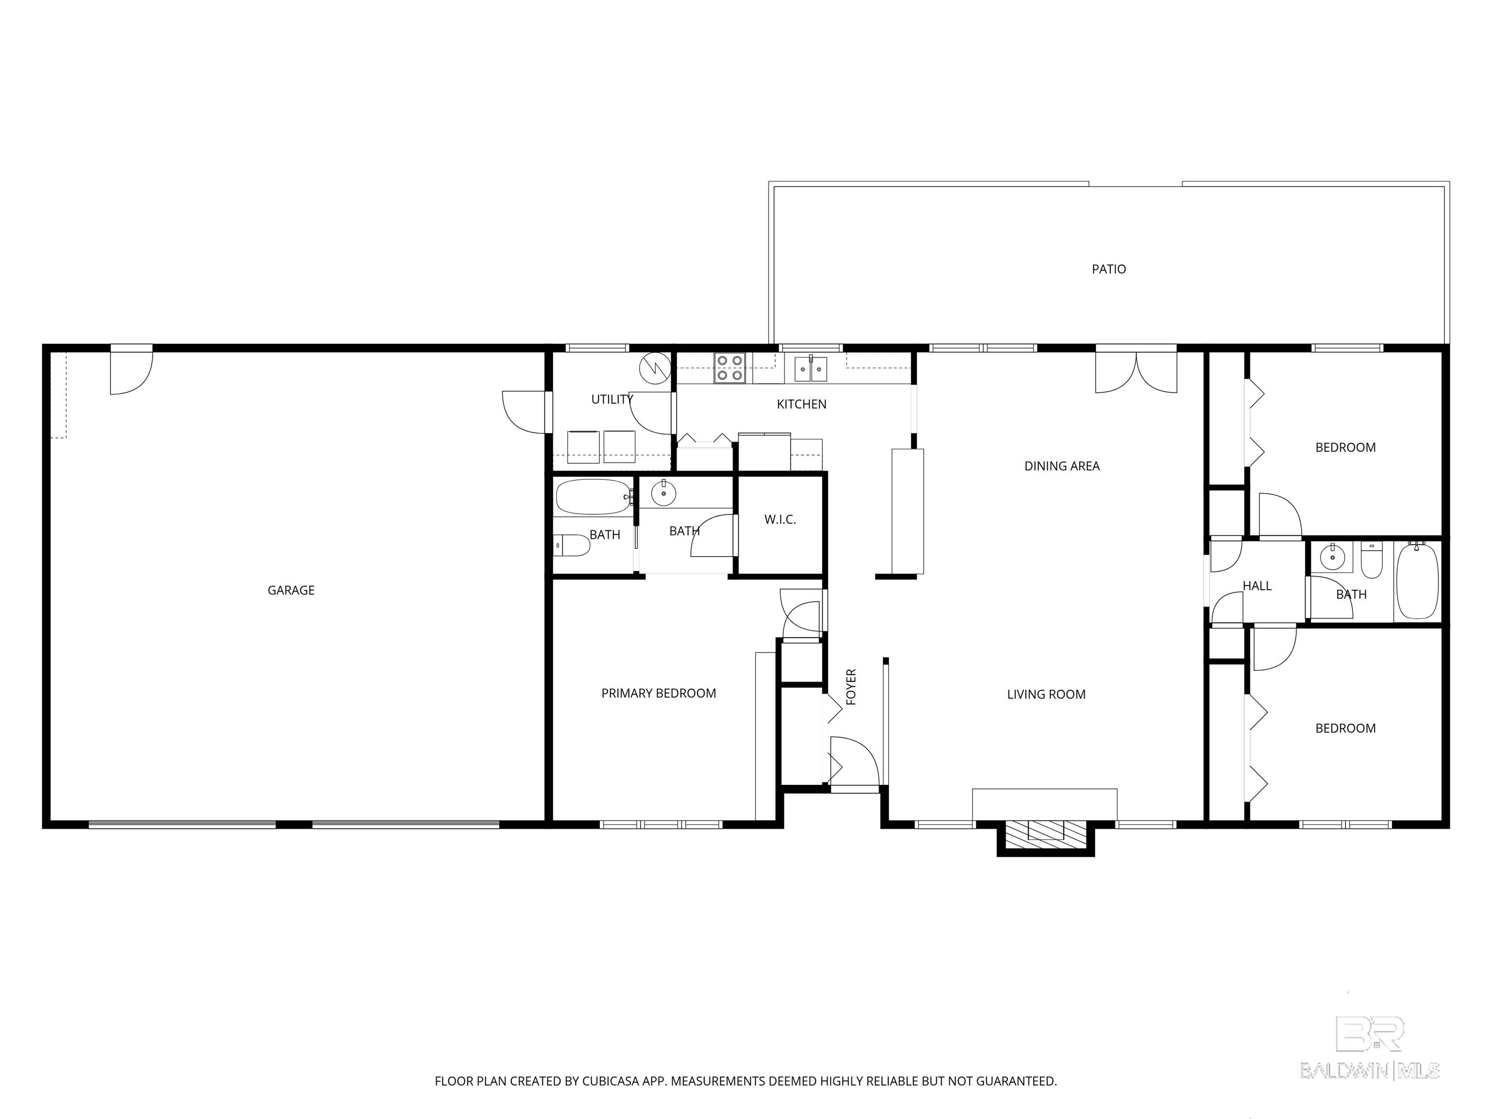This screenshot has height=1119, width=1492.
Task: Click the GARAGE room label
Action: point(291,590)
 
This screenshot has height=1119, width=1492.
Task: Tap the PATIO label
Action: point(1109,269)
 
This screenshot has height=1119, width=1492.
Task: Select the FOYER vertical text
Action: point(851,687)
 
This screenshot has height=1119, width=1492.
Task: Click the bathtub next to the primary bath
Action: point(592,498)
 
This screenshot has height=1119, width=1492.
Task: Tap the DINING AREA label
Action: point(1062,466)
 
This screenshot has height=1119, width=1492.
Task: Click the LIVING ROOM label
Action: point(1046,694)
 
